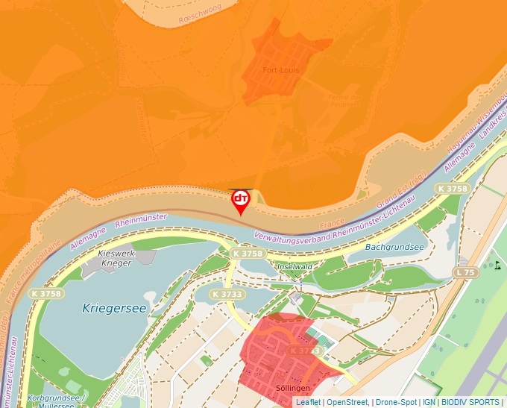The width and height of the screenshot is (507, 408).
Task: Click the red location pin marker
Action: click(240, 201)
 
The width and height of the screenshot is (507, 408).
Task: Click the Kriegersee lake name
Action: click(115, 307)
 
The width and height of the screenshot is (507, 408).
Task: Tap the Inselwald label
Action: click(294, 266)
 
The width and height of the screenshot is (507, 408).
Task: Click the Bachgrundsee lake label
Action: click(394, 247)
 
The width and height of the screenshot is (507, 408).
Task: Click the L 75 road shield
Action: click(465, 273)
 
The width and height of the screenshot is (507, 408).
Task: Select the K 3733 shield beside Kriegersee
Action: click(226, 294)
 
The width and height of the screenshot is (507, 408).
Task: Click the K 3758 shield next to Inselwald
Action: click(248, 254)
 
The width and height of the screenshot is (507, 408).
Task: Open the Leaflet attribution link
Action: click(308, 402)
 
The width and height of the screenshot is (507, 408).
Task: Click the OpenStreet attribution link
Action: click(348, 402)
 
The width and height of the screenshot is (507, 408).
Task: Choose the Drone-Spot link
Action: click(396, 402)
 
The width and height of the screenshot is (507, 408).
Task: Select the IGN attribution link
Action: click(429, 402)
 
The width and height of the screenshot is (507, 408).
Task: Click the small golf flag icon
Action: click(497, 264)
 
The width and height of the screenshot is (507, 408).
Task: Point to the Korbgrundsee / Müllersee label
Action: click(56, 401)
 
